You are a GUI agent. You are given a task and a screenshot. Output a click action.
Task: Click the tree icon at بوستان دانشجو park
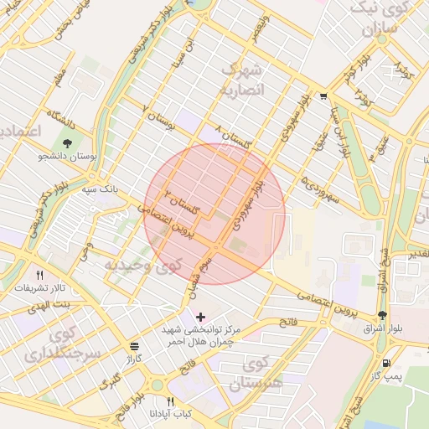[x=67, y=142]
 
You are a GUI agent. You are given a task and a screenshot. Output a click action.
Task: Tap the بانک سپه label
[x=100, y=190]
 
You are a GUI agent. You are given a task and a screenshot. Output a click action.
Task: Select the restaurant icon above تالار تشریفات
[x=39, y=274]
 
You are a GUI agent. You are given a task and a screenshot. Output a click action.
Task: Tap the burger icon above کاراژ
[x=134, y=346]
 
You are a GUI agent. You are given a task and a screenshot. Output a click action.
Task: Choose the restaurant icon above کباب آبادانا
[x=171, y=401]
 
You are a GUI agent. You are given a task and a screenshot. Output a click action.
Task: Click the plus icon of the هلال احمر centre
[x=199, y=317]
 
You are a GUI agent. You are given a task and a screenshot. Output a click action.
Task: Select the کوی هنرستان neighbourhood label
[x=269, y=374]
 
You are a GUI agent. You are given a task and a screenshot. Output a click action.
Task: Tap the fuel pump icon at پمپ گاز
[x=386, y=364]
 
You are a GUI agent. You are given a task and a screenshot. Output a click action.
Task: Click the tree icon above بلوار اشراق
[x=383, y=316]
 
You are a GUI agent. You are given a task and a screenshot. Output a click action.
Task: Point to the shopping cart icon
[x=323, y=96]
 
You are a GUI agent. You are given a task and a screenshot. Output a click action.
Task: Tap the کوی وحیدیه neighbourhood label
[x=142, y=266]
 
